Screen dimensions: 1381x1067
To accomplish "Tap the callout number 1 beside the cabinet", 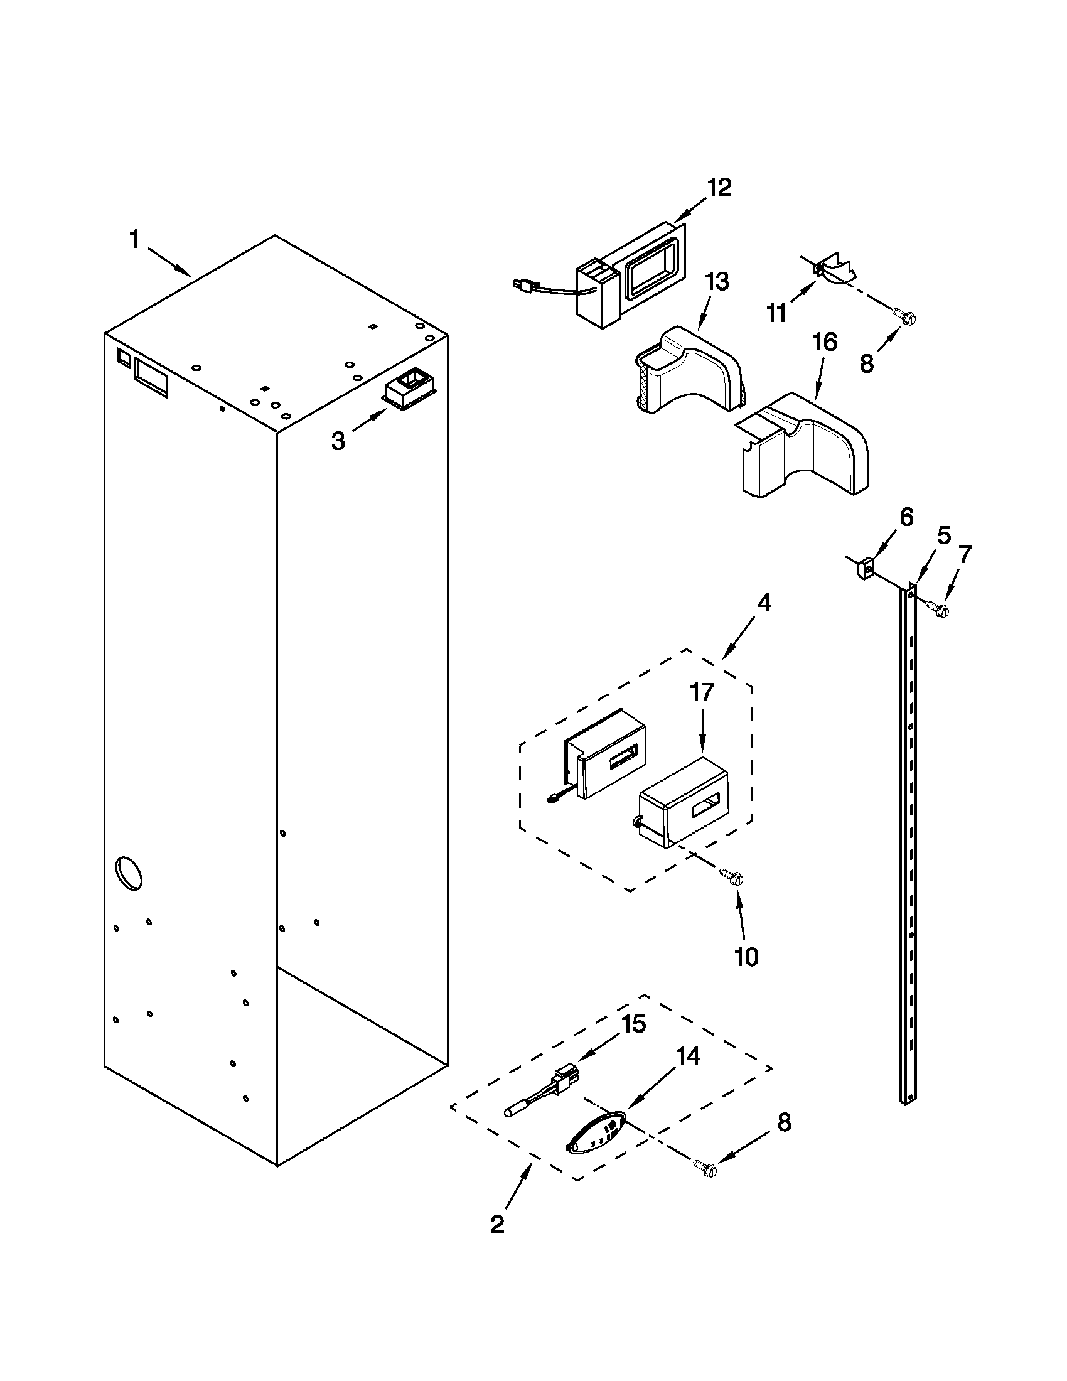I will [x=135, y=240].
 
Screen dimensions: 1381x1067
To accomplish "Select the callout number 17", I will [x=702, y=693].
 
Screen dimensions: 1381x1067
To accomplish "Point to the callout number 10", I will [x=746, y=957].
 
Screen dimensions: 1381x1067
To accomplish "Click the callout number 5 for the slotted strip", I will [x=943, y=536].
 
